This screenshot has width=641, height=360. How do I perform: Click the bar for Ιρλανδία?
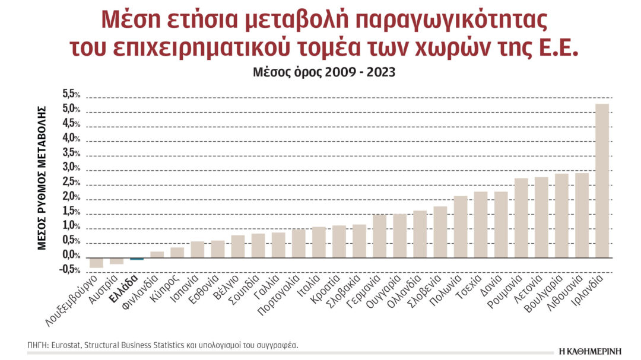tap(602, 181)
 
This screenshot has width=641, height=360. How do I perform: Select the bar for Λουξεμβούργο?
tap(96, 263)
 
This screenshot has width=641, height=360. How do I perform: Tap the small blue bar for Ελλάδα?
tap(137, 259)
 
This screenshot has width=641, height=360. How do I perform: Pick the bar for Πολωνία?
tap(461, 227)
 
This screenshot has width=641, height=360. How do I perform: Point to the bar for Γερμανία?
tap(379, 236)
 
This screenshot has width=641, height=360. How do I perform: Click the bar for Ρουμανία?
tap(521, 218)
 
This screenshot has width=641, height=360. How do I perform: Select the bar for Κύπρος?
tap(177, 253)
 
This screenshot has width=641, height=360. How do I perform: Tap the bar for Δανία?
tap(501, 225)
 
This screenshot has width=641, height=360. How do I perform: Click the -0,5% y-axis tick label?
tap(71, 270)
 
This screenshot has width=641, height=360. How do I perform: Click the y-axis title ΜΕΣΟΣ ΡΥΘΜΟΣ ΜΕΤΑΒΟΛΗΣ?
tap(42, 178)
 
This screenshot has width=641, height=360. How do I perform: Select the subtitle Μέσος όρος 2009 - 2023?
tap(320, 72)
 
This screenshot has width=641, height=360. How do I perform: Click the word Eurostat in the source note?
tap(71, 345)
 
